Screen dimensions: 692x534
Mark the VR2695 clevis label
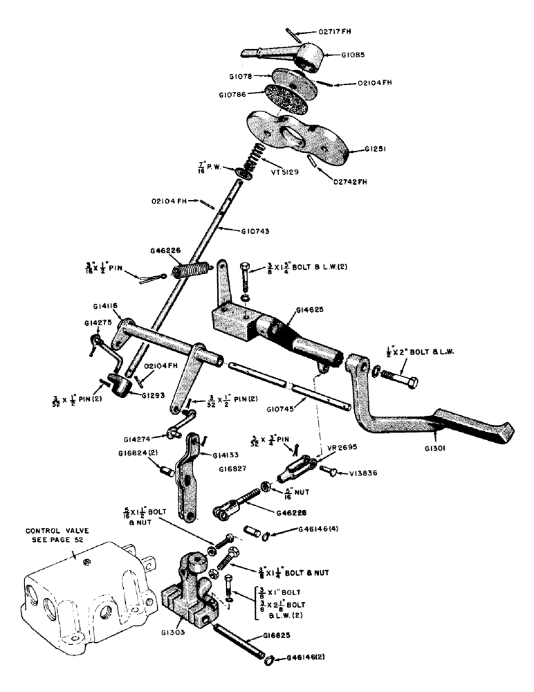(335, 448)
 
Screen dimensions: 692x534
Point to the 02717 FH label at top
(337, 31)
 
